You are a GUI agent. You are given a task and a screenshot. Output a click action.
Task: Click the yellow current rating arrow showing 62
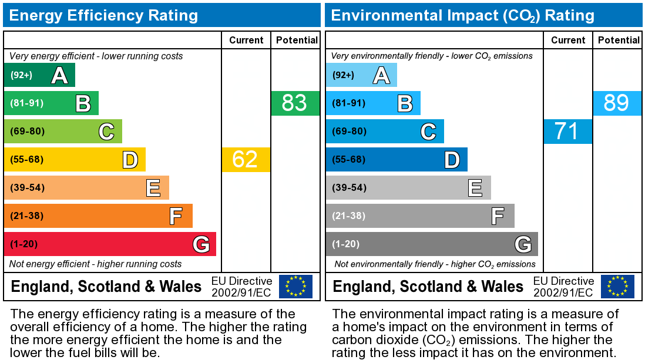[x=246, y=160]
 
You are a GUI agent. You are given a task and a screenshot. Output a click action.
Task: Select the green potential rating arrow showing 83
[x=295, y=103]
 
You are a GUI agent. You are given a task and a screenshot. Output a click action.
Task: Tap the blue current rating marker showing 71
[x=567, y=132]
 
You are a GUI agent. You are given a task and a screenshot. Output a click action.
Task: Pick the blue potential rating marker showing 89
[x=617, y=103]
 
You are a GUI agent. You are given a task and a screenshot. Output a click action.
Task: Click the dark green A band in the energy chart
[x=39, y=75]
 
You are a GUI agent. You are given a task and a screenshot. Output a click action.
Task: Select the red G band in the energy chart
[x=110, y=244]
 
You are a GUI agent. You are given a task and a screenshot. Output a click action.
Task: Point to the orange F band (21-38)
[x=98, y=216]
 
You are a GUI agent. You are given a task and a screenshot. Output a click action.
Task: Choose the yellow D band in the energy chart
[x=75, y=160]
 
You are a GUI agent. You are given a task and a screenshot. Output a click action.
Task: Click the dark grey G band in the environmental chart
[x=432, y=244]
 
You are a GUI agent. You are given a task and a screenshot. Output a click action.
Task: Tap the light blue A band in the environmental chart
[x=361, y=75]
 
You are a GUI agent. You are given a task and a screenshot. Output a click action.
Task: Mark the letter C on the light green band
[x=106, y=132]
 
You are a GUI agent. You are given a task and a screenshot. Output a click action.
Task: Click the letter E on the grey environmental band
[x=475, y=188]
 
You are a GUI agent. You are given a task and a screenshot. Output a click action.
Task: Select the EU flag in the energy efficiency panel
[x=295, y=287]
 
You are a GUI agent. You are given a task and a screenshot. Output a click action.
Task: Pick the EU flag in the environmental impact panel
[x=617, y=287]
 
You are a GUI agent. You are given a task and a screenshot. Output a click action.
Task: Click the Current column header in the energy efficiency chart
[x=246, y=40]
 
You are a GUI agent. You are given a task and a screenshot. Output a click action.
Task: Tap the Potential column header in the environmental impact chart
[x=619, y=40]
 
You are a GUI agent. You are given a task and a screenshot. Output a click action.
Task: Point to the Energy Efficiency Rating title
[x=103, y=15]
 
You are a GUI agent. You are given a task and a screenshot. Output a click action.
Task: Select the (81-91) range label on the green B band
[x=27, y=103]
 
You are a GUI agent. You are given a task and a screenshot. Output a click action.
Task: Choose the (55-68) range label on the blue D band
[x=349, y=160]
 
